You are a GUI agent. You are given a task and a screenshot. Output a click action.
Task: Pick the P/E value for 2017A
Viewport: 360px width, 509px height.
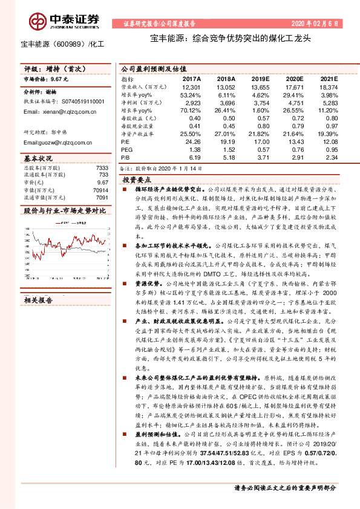click(191, 140)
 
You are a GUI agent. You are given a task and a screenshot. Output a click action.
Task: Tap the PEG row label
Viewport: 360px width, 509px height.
click(126, 149)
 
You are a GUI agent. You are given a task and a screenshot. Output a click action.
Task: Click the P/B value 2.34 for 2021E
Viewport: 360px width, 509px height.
click(331, 157)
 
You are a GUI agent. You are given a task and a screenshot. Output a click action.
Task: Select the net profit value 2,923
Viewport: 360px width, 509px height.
click(191, 103)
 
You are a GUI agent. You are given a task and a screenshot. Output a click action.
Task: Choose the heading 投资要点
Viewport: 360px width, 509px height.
click(137, 181)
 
